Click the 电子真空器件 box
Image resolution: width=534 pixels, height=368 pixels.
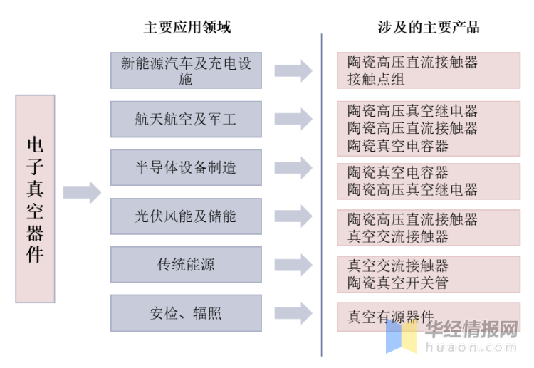click(35, 199)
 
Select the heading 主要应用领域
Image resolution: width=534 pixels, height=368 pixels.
click(187, 27)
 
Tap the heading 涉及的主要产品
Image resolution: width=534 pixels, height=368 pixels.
click(429, 27)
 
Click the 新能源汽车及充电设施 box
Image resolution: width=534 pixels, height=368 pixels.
click(186, 70)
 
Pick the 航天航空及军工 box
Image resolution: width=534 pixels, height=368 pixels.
click(186, 119)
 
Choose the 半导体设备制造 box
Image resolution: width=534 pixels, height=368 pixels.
click(186, 167)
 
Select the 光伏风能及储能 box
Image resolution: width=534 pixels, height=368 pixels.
click(186, 216)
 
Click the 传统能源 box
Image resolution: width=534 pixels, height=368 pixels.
click(186, 265)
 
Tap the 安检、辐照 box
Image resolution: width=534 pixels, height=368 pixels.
click(186, 313)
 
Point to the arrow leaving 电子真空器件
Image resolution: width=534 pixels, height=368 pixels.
click(83, 193)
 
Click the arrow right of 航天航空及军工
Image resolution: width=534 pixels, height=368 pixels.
click(293, 119)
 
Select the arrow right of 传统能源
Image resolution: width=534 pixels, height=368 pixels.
click(293, 265)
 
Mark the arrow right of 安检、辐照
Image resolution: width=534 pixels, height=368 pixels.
click(293, 313)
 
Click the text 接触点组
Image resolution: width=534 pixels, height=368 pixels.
click(376, 79)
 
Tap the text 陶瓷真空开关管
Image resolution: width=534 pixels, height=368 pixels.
click(398, 283)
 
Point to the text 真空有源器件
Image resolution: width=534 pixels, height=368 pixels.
click(391, 317)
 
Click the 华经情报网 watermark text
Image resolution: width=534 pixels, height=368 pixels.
click(471, 329)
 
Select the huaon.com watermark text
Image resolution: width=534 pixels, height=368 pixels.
click(471, 347)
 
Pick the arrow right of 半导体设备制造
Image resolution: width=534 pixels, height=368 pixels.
click(293, 167)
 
